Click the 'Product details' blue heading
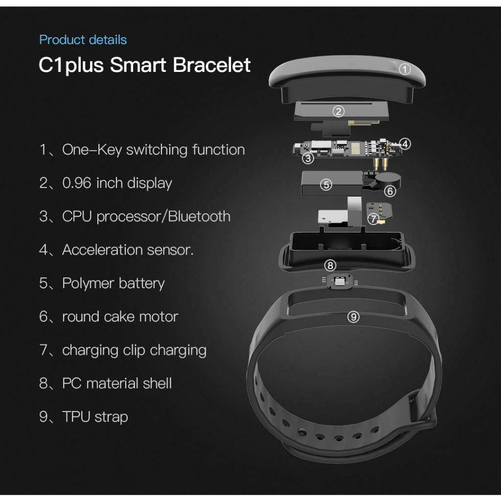pyautogui.click(x=83, y=40)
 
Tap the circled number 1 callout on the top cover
pyautogui.click(x=405, y=69)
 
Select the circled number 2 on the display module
pyautogui.click(x=339, y=112)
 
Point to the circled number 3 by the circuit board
pyautogui.click(x=308, y=158)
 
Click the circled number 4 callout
pyautogui.click(x=405, y=144)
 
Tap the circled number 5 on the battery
pyautogui.click(x=326, y=185)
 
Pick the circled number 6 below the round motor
pyautogui.click(x=390, y=191)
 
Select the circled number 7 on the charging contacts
pyautogui.click(x=373, y=219)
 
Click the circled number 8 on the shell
pyautogui.click(x=331, y=265)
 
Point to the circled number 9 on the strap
pyautogui.click(x=353, y=317)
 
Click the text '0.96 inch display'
pyautogui.click(x=117, y=183)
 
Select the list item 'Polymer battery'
pyautogui.click(x=113, y=283)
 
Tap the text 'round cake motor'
pyautogui.click(x=120, y=317)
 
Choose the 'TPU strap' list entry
pyautogui.click(x=95, y=417)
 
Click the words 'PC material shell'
pyautogui.click(x=117, y=383)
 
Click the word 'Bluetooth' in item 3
pyautogui.click(x=199, y=216)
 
